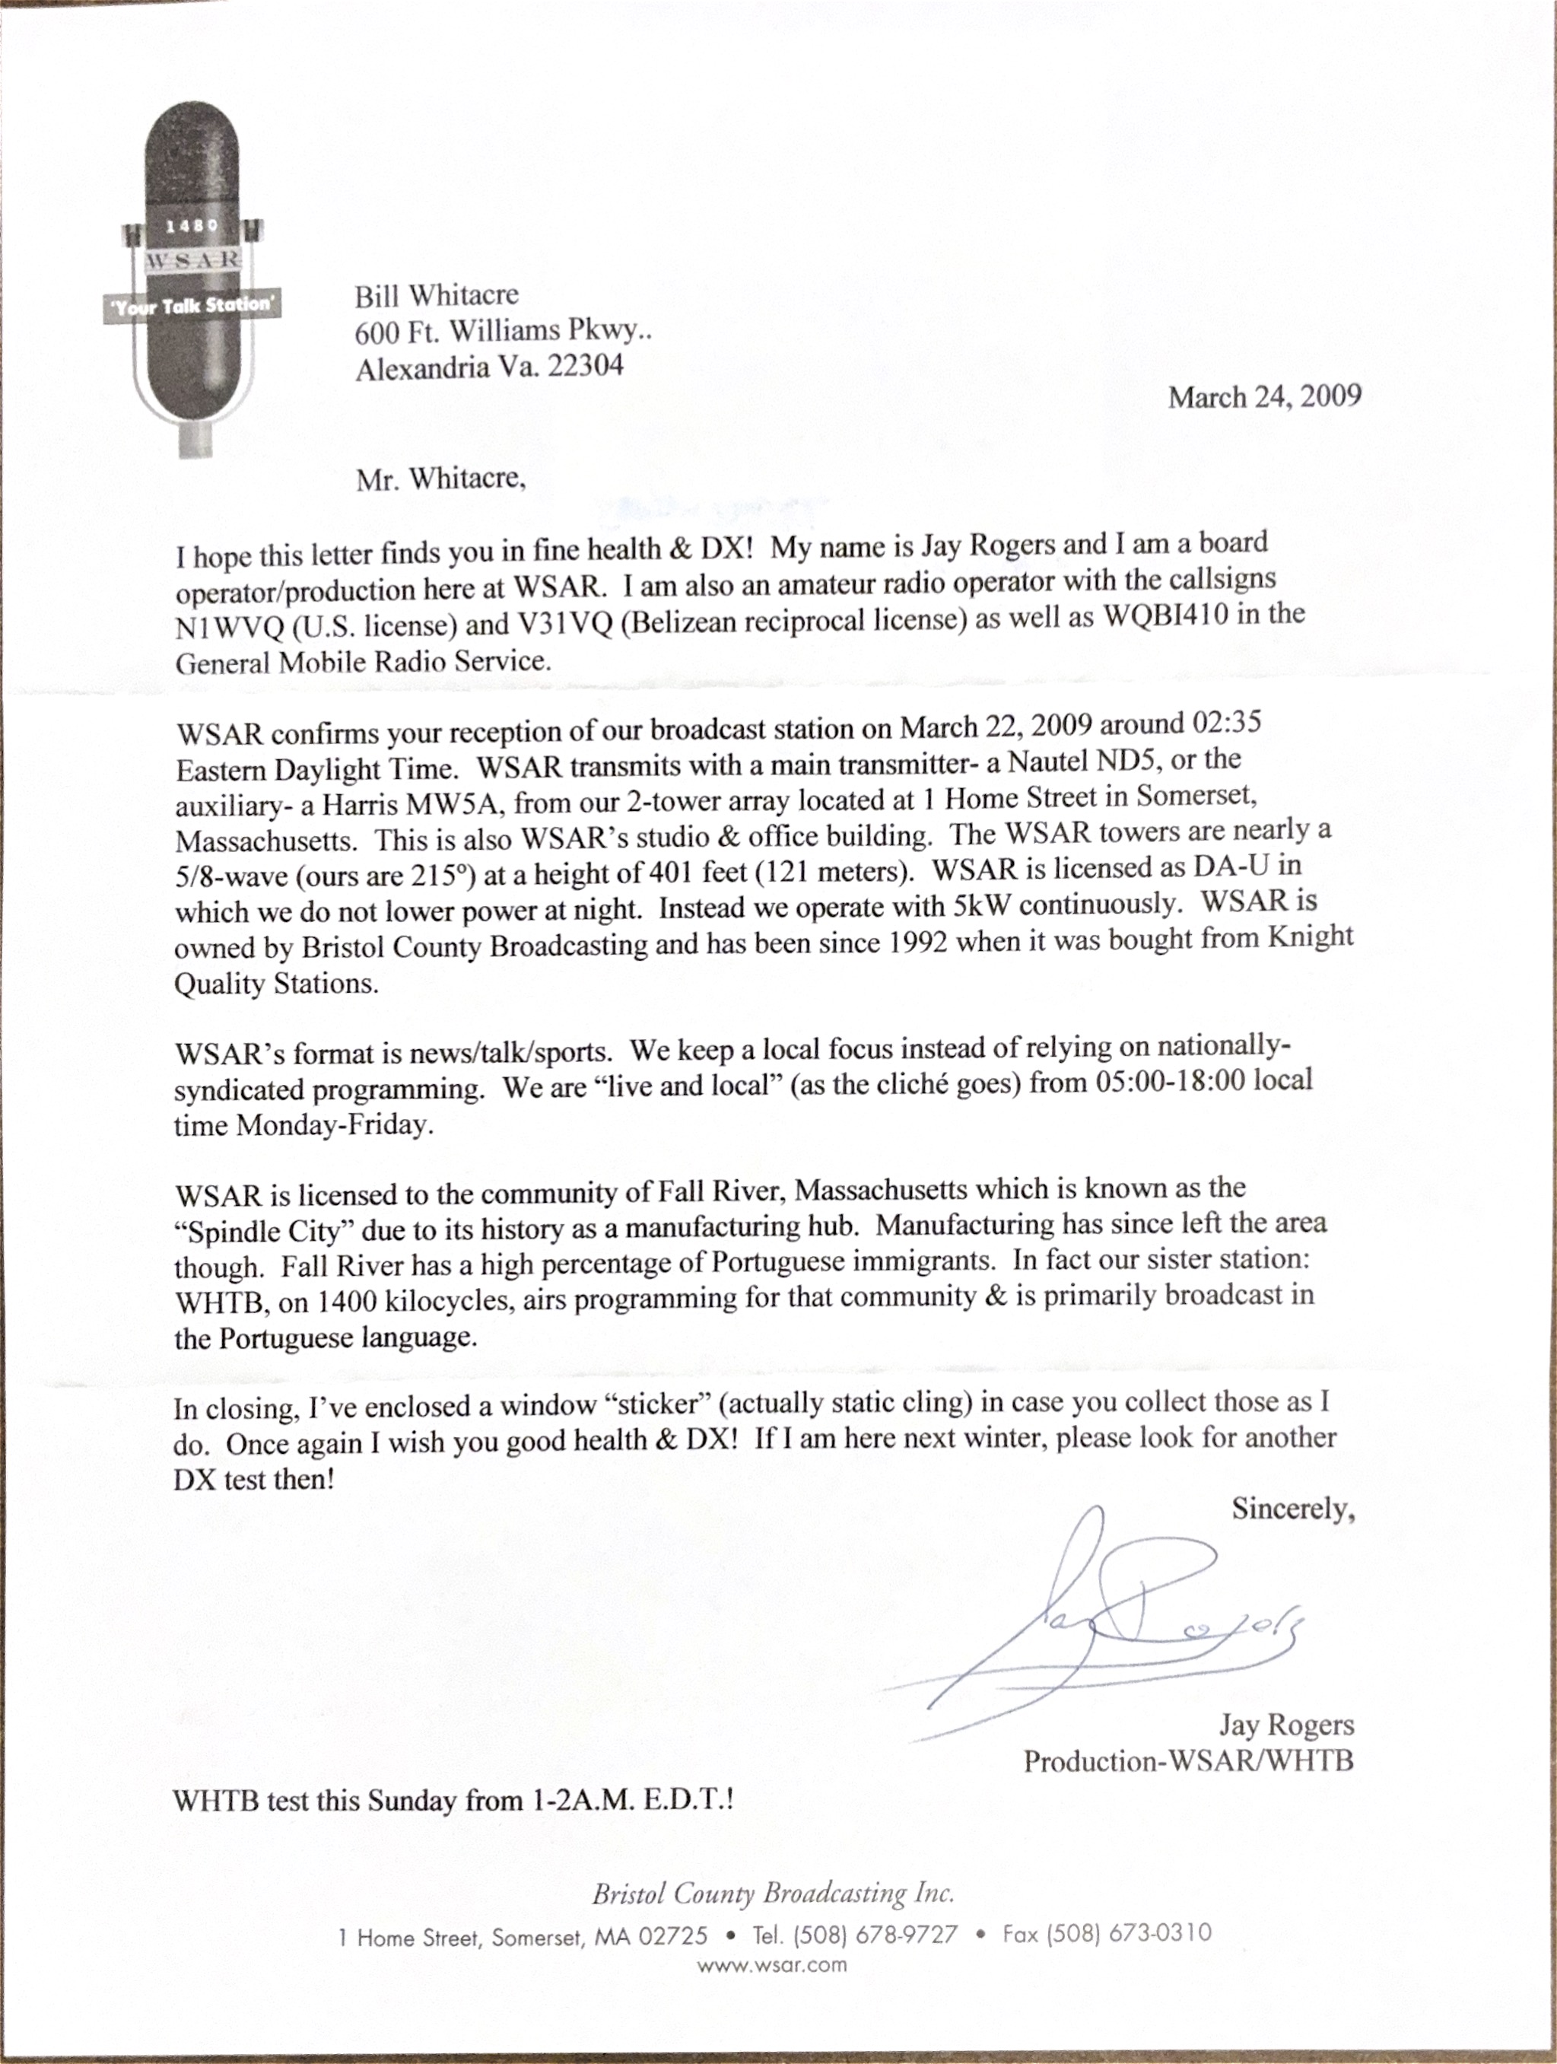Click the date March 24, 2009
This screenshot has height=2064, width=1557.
pos(1264,396)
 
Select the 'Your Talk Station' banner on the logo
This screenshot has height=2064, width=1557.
pos(192,305)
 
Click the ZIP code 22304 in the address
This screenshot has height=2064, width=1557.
pos(585,366)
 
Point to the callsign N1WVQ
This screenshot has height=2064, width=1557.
pos(228,627)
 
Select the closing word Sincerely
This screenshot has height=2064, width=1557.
pos(1292,1508)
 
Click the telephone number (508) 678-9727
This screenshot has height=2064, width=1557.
pos(875,1935)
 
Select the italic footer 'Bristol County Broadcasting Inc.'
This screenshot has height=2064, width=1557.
pos(774,1894)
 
